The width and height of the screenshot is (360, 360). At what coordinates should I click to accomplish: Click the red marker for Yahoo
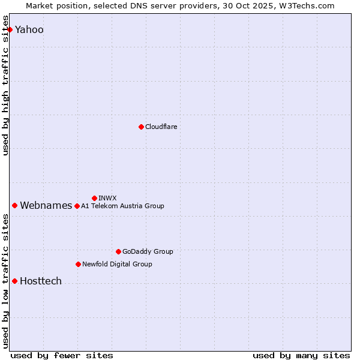pyautogui.click(x=10, y=29)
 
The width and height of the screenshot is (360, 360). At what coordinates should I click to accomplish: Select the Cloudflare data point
pyautogui.click(x=141, y=127)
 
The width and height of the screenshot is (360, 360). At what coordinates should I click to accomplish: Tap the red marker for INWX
pyautogui.click(x=94, y=198)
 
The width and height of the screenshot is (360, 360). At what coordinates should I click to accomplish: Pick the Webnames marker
pyautogui.click(x=14, y=205)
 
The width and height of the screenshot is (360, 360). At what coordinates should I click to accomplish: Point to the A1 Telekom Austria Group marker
pyautogui.click(x=77, y=206)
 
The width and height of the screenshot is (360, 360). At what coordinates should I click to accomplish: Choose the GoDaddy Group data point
pyautogui.click(x=118, y=251)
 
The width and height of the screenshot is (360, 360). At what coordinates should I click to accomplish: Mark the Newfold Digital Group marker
pyautogui.click(x=78, y=264)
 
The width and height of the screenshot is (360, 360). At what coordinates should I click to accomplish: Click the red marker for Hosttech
pyautogui.click(x=14, y=281)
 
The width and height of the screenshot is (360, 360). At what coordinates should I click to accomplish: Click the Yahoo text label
pyautogui.click(x=29, y=30)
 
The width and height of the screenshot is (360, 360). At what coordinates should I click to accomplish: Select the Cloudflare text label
pyautogui.click(x=161, y=127)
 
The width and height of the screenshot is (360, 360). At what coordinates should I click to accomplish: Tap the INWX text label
pyautogui.click(x=107, y=198)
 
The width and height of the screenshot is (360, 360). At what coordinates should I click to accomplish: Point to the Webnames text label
pyautogui.click(x=46, y=206)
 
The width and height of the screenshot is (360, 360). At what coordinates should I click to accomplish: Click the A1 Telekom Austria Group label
pyautogui.click(x=122, y=206)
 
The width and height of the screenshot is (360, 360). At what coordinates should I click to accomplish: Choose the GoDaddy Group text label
pyautogui.click(x=148, y=251)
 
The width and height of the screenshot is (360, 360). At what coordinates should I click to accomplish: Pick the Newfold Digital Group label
pyautogui.click(x=117, y=264)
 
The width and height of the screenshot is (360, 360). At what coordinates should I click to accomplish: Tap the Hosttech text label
pyautogui.click(x=41, y=281)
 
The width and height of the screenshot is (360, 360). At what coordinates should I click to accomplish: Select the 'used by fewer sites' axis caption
pyautogui.click(x=62, y=355)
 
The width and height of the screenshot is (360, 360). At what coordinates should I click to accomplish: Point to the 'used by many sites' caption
pyautogui.click(x=301, y=355)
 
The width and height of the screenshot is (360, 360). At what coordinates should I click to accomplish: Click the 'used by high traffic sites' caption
pyautogui.click(x=6, y=90)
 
